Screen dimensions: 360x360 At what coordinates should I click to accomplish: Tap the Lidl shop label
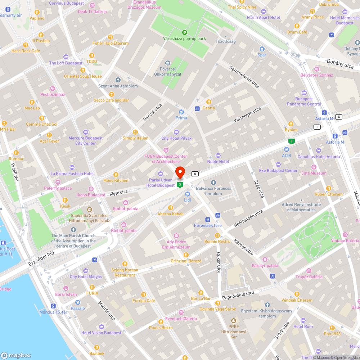(187, 200)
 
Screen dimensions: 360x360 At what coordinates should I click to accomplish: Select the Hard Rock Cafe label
(26, 51)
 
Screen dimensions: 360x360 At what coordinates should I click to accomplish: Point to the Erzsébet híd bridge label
(41, 258)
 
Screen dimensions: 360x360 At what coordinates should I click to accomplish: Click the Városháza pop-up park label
(184, 39)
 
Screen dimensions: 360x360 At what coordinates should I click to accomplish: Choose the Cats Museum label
(314, 173)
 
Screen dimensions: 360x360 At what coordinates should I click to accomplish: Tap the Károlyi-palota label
(265, 265)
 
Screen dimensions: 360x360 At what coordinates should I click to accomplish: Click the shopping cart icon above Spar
(262, 49)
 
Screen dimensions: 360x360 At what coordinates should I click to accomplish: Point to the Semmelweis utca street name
(244, 77)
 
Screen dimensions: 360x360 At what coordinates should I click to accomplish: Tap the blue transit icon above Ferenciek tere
(207, 220)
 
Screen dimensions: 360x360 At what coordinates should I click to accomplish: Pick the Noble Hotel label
(218, 162)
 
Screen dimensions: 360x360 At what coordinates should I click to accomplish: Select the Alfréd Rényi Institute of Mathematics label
(298, 207)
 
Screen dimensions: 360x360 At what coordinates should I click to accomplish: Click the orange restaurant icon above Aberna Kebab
(171, 208)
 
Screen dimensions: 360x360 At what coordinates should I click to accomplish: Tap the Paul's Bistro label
(161, 328)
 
